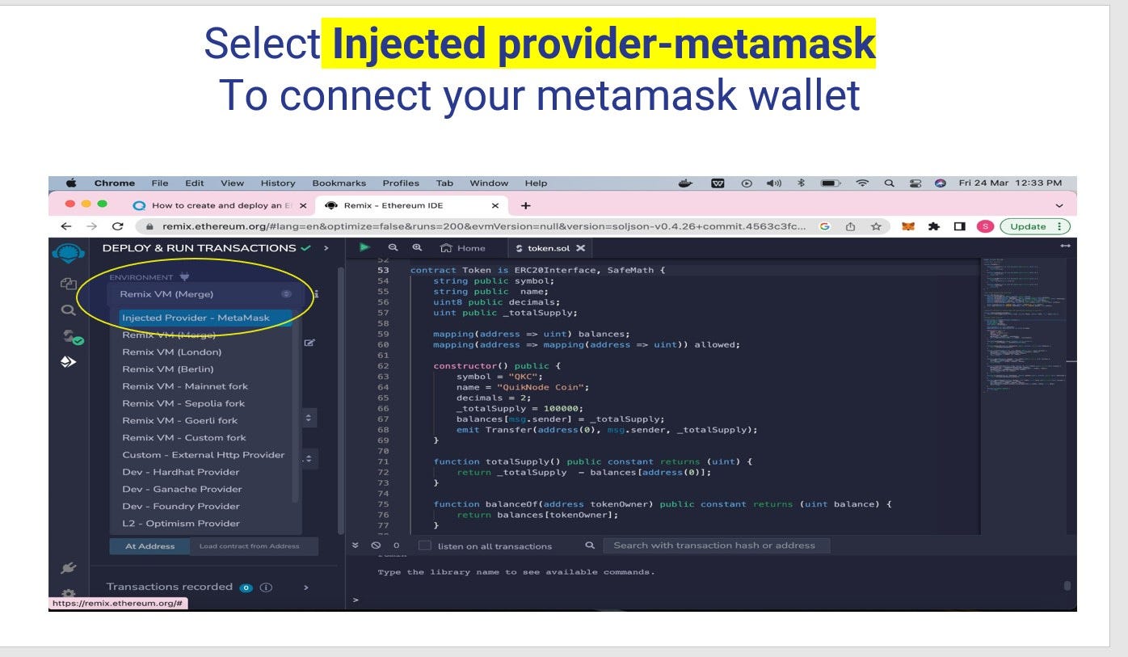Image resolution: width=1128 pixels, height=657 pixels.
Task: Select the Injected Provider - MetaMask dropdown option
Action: (x=196, y=318)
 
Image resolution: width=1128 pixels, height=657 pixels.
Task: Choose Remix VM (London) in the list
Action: (x=171, y=352)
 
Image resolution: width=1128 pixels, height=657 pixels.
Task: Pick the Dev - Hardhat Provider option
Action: (x=180, y=472)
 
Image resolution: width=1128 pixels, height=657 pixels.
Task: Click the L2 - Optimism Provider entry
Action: (x=180, y=523)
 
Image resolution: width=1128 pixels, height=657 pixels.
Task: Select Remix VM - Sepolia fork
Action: (x=183, y=403)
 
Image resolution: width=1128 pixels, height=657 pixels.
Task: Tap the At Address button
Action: (x=149, y=546)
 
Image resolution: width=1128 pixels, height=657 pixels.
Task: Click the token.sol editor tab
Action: (x=549, y=248)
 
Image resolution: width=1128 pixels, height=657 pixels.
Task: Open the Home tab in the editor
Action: (x=464, y=248)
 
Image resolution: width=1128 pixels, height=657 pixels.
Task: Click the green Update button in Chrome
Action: (x=1033, y=226)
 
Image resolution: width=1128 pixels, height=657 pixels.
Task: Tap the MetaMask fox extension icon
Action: (x=908, y=226)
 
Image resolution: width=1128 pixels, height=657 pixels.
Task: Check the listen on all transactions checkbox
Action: (x=424, y=545)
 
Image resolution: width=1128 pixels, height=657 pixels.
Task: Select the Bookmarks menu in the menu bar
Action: (x=339, y=183)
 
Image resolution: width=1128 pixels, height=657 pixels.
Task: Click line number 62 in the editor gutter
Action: (x=383, y=366)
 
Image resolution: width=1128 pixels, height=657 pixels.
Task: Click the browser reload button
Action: (x=118, y=226)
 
